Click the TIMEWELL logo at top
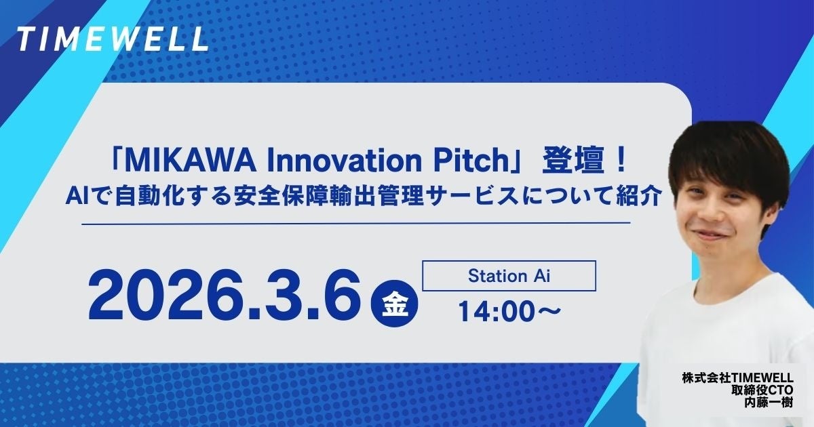pos(112,40)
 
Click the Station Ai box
pos(508,277)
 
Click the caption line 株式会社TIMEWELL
pos(743,377)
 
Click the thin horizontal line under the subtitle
pos(356,223)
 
